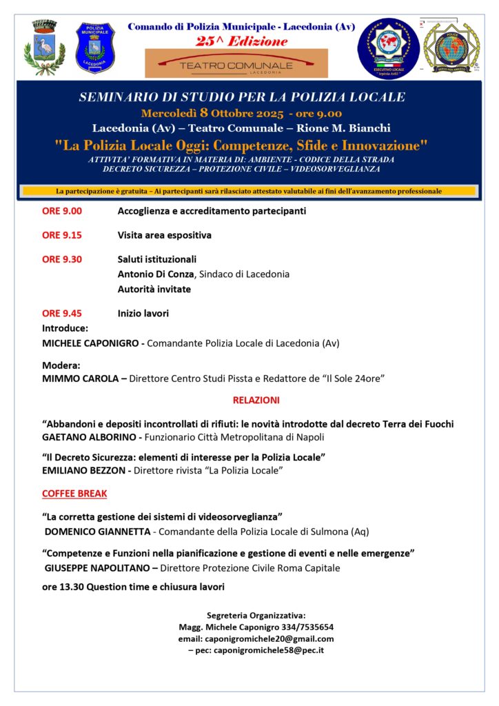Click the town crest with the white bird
coord(45,47)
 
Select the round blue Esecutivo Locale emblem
coord(388,48)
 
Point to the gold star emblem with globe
coord(448,48)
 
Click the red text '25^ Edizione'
coord(241,41)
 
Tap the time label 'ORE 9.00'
coord(62,211)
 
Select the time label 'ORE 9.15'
coord(62,235)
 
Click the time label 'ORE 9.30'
coord(62,259)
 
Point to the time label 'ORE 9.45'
coord(62,313)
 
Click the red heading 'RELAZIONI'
coord(256,400)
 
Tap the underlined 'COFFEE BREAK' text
coord(74,494)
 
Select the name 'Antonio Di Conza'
coord(156,274)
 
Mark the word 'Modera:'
coord(61,365)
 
